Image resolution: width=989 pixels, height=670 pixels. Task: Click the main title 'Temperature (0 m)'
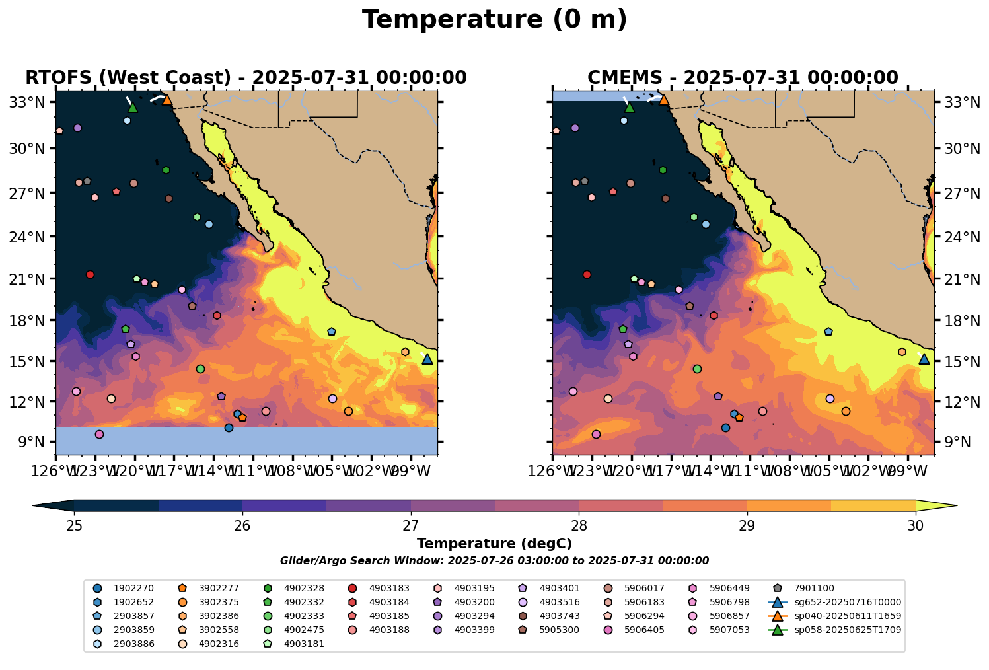[494, 20]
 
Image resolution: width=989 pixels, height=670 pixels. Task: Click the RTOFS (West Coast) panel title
[246, 78]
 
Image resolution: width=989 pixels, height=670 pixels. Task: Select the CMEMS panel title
[743, 78]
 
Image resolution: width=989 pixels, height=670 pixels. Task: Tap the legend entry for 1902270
[133, 588]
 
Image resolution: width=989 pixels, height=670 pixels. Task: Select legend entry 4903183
[389, 588]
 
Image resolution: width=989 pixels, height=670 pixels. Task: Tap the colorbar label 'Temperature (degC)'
[494, 544]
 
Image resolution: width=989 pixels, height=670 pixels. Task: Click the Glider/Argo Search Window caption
[494, 560]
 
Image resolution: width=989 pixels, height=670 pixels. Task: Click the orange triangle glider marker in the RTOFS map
[167, 100]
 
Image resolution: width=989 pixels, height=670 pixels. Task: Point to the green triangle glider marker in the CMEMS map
[630, 107]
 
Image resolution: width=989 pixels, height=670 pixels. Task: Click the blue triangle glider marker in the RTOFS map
[427, 359]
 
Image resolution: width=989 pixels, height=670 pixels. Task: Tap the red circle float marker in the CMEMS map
[587, 274]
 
